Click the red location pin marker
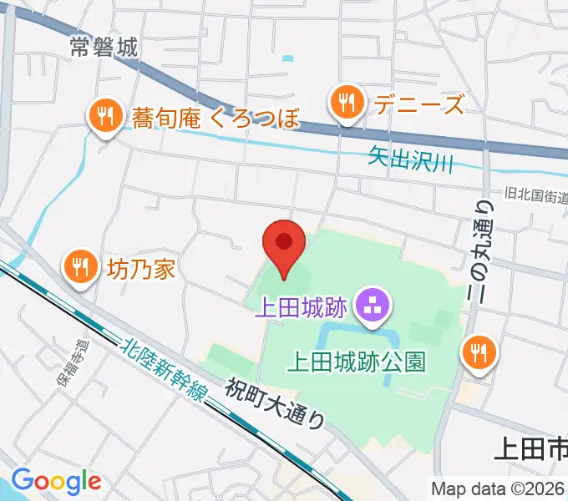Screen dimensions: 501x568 tap(284, 244)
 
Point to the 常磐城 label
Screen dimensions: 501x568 tap(104, 48)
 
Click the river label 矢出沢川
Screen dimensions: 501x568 tap(410, 159)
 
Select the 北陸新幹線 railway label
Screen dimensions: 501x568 tap(162, 369)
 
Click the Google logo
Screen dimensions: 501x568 tap(56, 481)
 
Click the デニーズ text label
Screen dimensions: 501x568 tap(418, 105)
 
